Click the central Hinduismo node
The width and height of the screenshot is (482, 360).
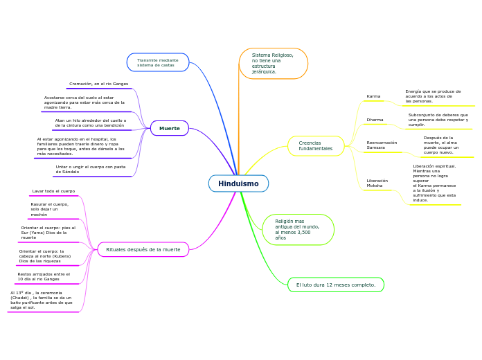[x=238, y=183]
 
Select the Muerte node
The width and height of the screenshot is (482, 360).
[x=170, y=128]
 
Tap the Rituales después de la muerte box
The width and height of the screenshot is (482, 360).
[x=143, y=249]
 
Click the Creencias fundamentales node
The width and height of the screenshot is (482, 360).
[x=316, y=146]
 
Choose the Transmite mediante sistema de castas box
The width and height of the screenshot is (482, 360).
[x=158, y=62]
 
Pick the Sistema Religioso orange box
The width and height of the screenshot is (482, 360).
[x=273, y=63]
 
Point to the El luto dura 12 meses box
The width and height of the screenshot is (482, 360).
[x=336, y=285]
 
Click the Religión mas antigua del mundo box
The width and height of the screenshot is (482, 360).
[x=298, y=229]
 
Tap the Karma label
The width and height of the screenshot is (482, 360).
[x=373, y=96]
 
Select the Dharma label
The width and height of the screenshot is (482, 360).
[x=375, y=120]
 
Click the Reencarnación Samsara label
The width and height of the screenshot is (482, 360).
[x=382, y=145]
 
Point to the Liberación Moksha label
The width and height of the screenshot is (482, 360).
[x=377, y=183]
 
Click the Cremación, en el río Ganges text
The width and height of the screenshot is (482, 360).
[x=98, y=84]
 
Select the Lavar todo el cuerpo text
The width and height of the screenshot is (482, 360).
[x=53, y=191]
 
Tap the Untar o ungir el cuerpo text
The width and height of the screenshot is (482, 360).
[x=91, y=169]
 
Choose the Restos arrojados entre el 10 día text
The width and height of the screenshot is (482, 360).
[x=44, y=276]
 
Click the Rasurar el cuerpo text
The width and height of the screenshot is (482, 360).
[x=50, y=209]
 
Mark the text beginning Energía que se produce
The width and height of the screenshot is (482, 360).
[x=433, y=96]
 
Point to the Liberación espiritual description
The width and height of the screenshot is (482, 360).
[x=434, y=183]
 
